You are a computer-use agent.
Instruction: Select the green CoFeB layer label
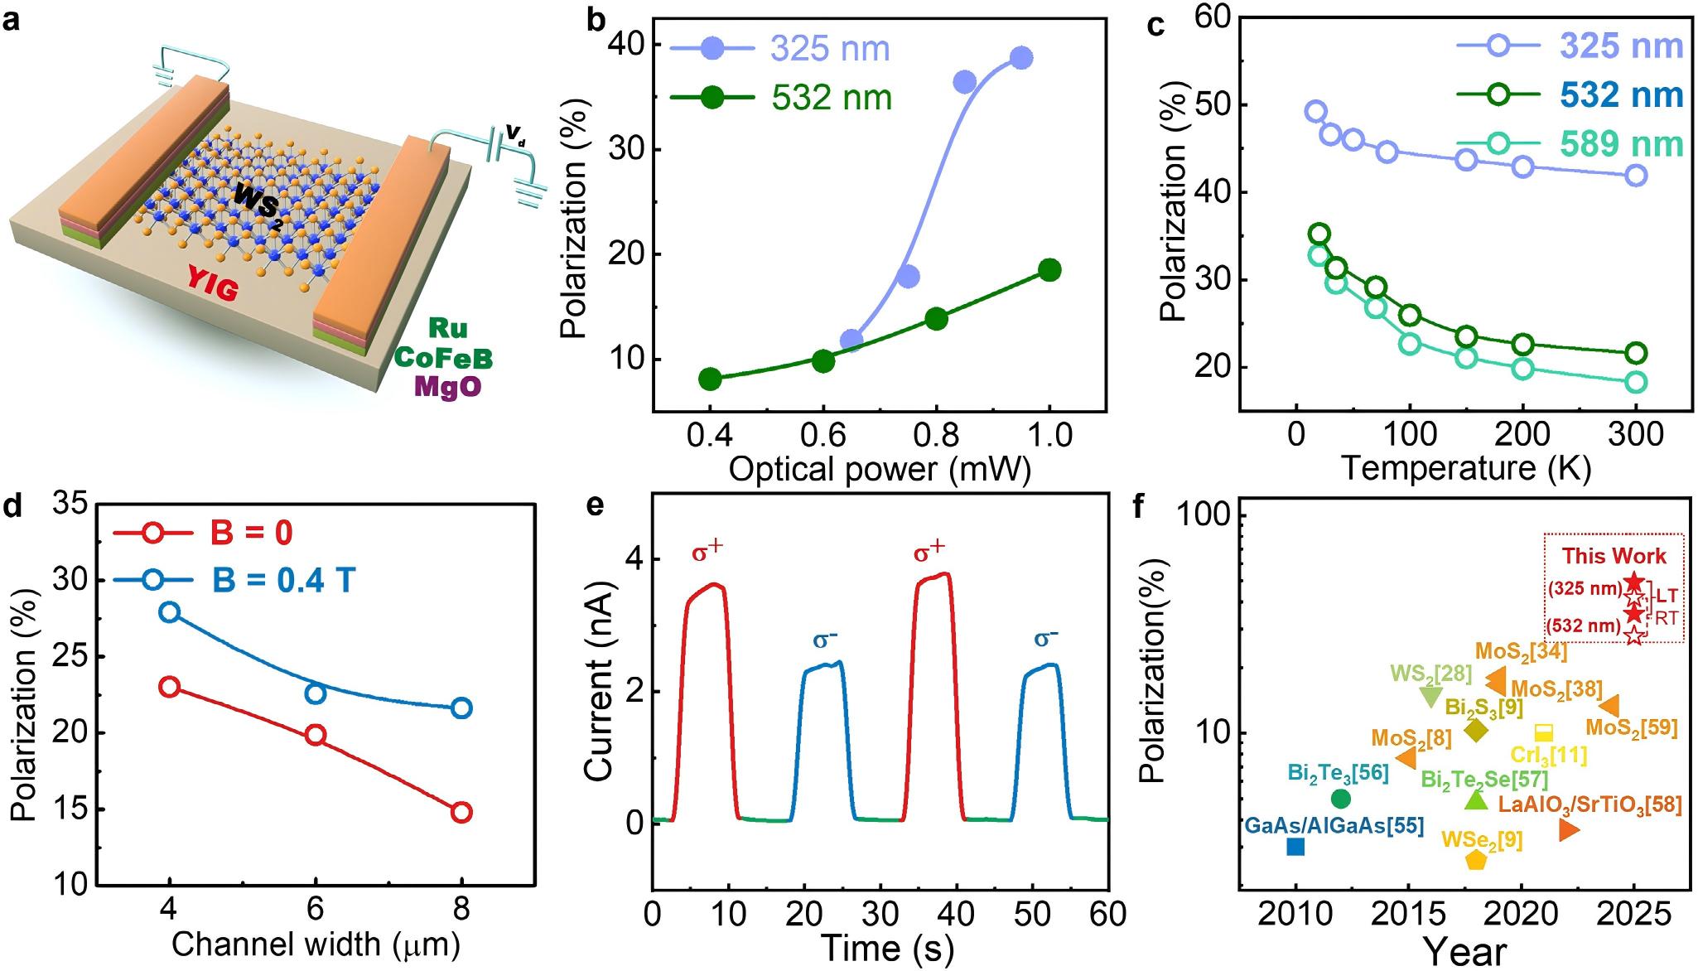tap(442, 358)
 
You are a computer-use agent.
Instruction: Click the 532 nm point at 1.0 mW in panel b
tap(1049, 270)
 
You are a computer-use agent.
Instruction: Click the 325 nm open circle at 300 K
tap(1636, 176)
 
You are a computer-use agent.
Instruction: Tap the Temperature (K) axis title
tap(1465, 469)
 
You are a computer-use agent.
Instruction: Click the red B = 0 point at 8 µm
tap(461, 812)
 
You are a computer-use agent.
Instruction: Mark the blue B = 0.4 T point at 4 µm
tap(170, 612)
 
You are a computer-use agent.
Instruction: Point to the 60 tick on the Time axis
tap(1107, 914)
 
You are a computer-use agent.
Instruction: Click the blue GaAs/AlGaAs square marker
tap(1296, 847)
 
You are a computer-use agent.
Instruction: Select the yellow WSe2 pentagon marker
tap(1475, 860)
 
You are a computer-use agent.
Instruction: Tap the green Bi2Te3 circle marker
tap(1340, 799)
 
